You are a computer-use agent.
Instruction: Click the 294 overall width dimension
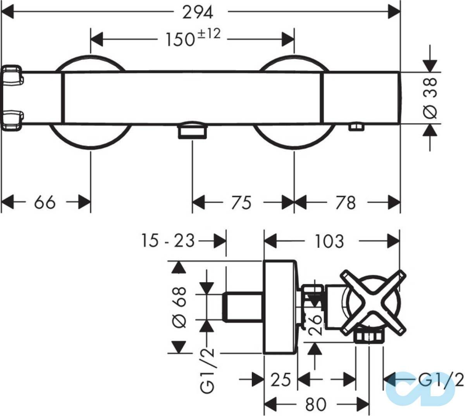[x=198, y=13]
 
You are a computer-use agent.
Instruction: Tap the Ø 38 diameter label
[x=430, y=98]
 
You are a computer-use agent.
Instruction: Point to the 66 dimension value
[x=45, y=202]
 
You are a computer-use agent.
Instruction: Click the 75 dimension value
[x=241, y=202]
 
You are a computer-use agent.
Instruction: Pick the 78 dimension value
[x=346, y=202]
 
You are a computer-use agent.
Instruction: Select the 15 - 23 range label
[x=168, y=241]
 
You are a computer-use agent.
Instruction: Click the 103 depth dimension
[x=330, y=241]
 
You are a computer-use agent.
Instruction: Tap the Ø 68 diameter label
[x=179, y=308]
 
